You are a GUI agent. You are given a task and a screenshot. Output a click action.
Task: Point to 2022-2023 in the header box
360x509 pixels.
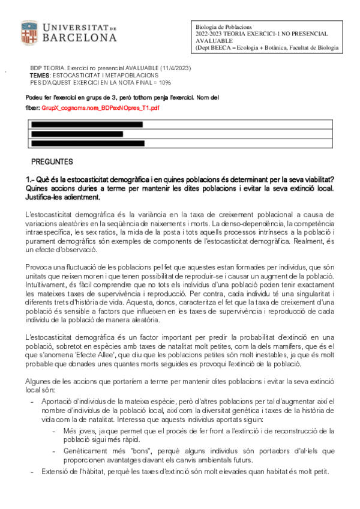209,34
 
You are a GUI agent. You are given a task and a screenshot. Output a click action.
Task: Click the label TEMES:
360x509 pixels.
41,76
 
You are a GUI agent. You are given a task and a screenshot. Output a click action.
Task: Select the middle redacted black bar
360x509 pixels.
77,134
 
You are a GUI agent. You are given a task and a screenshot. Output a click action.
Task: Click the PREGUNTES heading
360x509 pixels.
52,162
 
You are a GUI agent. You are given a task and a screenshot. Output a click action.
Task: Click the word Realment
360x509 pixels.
305,240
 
